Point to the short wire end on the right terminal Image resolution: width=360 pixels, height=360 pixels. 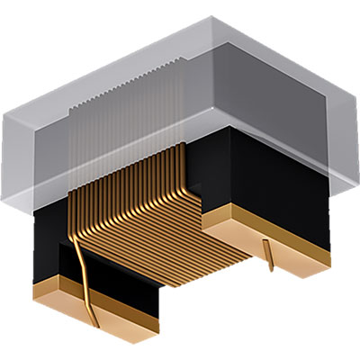click(269, 253)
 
